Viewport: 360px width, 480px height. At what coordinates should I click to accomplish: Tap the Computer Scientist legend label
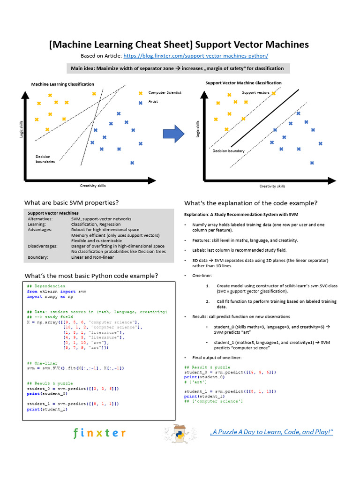click(165, 92)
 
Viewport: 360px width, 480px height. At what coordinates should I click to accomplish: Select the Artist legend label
click(153, 101)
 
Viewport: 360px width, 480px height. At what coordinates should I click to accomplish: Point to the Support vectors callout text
click(255, 92)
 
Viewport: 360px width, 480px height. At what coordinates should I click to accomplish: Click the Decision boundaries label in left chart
click(45, 159)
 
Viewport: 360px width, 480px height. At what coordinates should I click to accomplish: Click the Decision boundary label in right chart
click(228, 151)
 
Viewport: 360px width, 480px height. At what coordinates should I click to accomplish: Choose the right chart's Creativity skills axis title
click(272, 186)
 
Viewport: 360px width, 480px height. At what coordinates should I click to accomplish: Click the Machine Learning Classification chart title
click(62, 84)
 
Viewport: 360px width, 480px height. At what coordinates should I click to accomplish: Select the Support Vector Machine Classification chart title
click(243, 83)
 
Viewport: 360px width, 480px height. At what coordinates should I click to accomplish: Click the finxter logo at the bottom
click(99, 433)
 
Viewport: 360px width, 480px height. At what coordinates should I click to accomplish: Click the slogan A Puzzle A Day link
click(271, 432)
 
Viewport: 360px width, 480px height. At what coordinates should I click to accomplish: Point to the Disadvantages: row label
click(42, 246)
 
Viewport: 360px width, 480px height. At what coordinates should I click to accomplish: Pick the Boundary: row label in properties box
click(37, 257)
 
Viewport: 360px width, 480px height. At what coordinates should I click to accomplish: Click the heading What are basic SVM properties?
click(71, 202)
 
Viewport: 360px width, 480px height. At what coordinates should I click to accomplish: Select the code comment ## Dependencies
click(46, 286)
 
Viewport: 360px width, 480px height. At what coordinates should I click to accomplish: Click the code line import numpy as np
click(50, 296)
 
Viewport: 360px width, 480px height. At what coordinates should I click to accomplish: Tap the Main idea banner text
click(177, 68)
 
